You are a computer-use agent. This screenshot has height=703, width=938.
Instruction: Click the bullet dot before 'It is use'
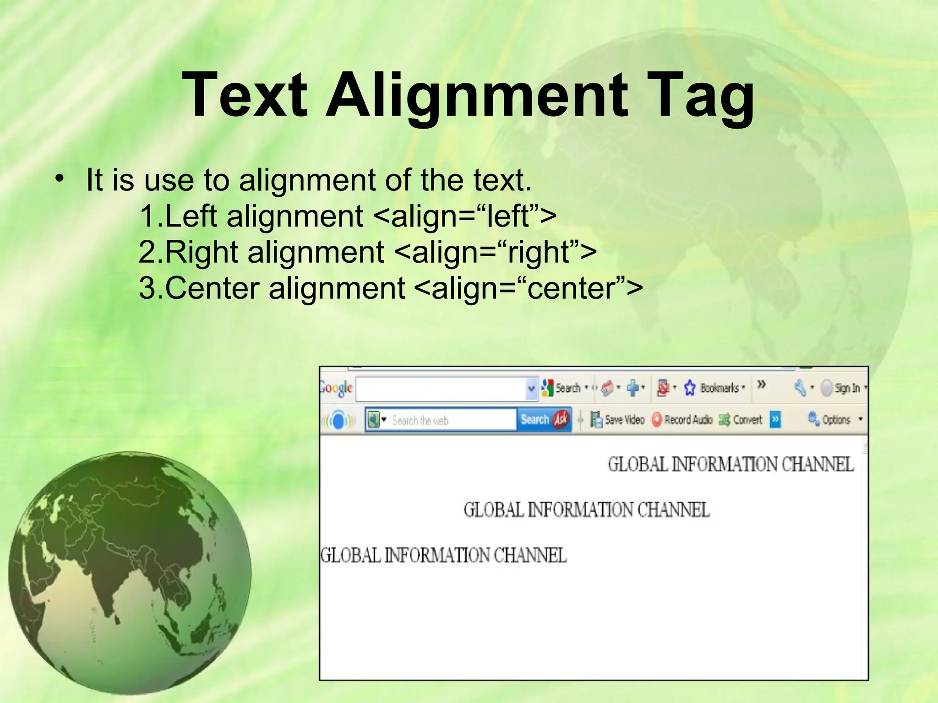(x=58, y=179)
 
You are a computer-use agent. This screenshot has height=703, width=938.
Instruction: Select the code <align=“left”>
(x=465, y=216)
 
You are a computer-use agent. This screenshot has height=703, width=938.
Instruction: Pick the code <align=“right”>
(x=495, y=252)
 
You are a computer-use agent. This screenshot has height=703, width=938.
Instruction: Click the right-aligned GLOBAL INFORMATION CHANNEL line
(x=731, y=464)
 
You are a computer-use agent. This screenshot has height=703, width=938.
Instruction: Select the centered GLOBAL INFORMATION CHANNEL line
(x=586, y=509)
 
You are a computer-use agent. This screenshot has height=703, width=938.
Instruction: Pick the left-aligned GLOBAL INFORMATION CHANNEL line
(x=443, y=555)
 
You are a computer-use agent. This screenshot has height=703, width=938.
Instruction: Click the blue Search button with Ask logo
(x=544, y=419)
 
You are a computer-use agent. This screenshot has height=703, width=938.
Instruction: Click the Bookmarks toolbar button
(x=714, y=388)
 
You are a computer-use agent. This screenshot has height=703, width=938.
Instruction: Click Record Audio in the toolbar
(x=682, y=419)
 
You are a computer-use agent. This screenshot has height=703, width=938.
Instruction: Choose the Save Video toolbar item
(x=618, y=419)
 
